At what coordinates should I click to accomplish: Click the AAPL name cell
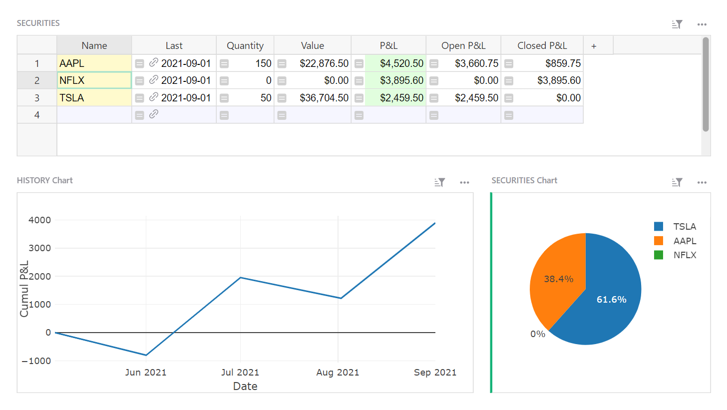coord(94,63)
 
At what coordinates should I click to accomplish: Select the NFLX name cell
coord(94,80)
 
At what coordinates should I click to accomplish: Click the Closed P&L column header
coord(542,45)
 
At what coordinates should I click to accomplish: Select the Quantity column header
coord(245,45)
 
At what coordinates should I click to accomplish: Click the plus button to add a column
coord(594,46)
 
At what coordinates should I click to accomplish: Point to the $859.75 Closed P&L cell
coord(558,63)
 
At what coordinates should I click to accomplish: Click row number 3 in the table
coord(37,98)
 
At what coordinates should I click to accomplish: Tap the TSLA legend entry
coord(684,227)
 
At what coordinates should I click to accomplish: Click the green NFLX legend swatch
coord(659,255)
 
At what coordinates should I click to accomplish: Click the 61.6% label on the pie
coord(611,300)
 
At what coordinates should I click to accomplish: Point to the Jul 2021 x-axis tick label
coord(240,373)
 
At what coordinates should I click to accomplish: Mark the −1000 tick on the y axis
coord(36,361)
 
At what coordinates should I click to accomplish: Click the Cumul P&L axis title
coord(24,289)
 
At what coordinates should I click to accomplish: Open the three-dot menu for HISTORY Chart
coord(465,182)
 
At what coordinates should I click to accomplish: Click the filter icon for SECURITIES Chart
coord(677,182)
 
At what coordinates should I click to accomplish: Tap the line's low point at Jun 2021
coord(146,355)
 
